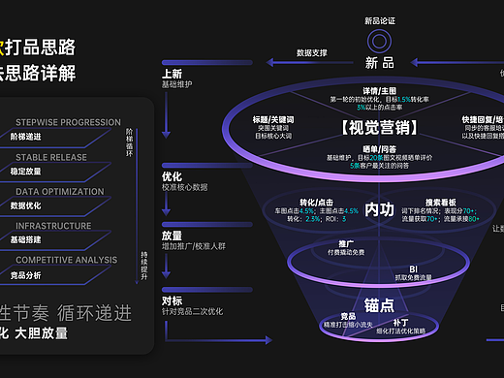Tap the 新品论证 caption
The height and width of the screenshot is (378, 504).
380,19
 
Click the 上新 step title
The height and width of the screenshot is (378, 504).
172,75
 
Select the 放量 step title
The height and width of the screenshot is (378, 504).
172,235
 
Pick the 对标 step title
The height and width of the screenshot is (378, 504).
172,299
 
